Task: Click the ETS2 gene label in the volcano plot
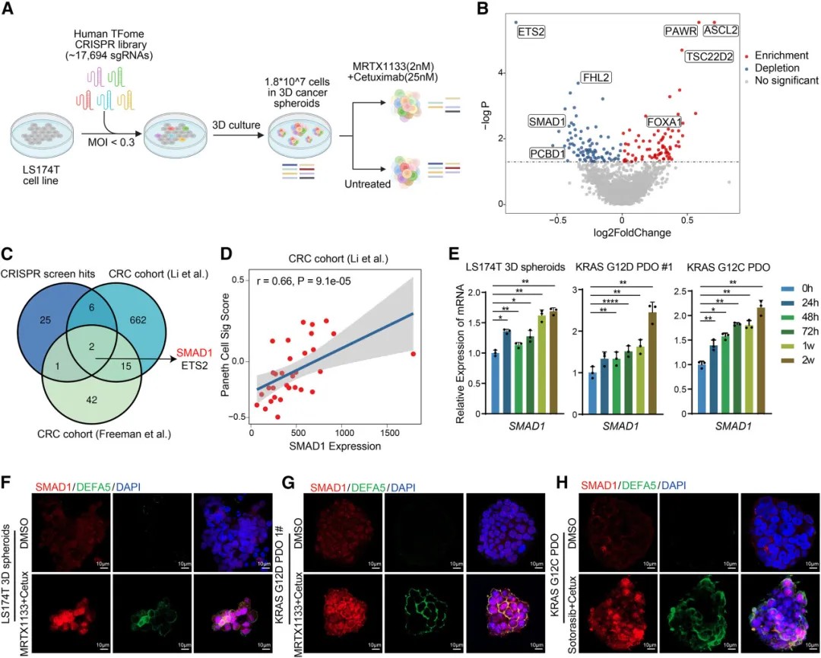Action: [x=531, y=32]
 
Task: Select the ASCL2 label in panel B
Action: [x=719, y=30]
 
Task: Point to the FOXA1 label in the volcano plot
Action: [x=664, y=122]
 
